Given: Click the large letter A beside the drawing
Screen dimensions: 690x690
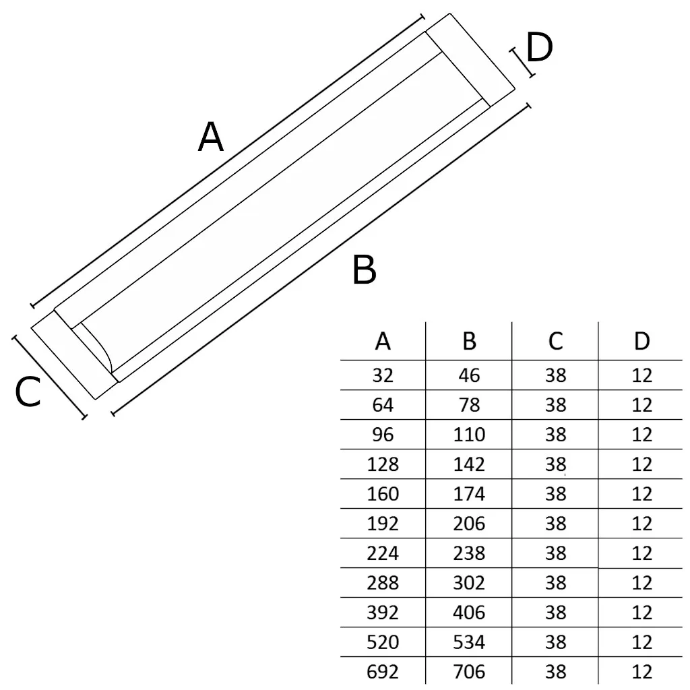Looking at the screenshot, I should tap(211, 138).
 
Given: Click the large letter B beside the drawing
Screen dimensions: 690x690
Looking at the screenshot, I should tap(365, 271).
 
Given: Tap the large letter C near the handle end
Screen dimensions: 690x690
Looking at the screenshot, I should tap(28, 392).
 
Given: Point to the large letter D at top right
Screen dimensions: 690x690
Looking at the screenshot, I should tap(539, 49).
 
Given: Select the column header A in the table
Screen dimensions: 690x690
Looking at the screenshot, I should tap(383, 342).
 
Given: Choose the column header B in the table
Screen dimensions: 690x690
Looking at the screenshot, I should tap(470, 342).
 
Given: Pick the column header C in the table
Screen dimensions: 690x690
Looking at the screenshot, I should tap(555, 342).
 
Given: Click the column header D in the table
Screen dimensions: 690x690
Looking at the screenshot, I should tap(642, 342).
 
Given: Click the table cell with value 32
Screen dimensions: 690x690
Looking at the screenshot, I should tap(383, 375).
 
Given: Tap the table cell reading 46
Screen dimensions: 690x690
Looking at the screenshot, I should tap(470, 375).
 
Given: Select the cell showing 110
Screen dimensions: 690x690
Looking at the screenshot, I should tap(470, 435).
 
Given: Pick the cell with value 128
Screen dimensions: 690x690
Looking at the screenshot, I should tap(383, 464).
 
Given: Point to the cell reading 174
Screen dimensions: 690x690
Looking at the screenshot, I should tap(470, 494).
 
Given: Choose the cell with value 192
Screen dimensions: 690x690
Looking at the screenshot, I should tap(383, 524).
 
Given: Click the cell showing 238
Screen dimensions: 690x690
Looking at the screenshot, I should tap(470, 553).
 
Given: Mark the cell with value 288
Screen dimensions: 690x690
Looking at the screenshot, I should tap(383, 583).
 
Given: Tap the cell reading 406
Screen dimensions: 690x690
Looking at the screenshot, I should tap(470, 613).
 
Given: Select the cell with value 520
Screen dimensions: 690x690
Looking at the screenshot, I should tap(383, 642).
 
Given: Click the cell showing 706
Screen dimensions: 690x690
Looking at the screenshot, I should tap(470, 672).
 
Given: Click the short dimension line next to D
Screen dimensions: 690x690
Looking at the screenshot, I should tap(522, 62).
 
